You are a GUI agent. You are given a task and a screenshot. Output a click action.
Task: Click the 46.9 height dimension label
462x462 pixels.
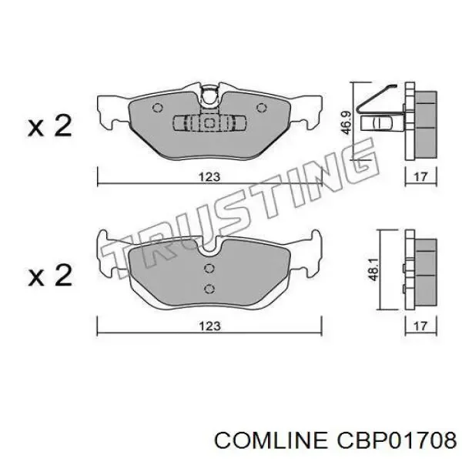point(346,122)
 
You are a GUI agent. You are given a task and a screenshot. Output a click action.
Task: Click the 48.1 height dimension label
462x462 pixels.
point(373,269)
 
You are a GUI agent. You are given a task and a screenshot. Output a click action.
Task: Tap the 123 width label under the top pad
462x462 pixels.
point(209,177)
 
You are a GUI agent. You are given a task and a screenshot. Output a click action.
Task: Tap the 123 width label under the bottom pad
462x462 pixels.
point(209,326)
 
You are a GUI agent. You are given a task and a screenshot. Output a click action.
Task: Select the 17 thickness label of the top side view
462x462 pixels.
point(420,177)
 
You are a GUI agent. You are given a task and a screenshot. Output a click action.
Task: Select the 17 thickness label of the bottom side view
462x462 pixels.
point(420,326)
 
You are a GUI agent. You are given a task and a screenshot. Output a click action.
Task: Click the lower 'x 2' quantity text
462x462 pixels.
point(50,275)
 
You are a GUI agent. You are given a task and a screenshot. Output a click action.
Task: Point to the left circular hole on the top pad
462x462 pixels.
point(157,108)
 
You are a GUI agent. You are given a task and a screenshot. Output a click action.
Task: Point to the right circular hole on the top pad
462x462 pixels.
point(261,108)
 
